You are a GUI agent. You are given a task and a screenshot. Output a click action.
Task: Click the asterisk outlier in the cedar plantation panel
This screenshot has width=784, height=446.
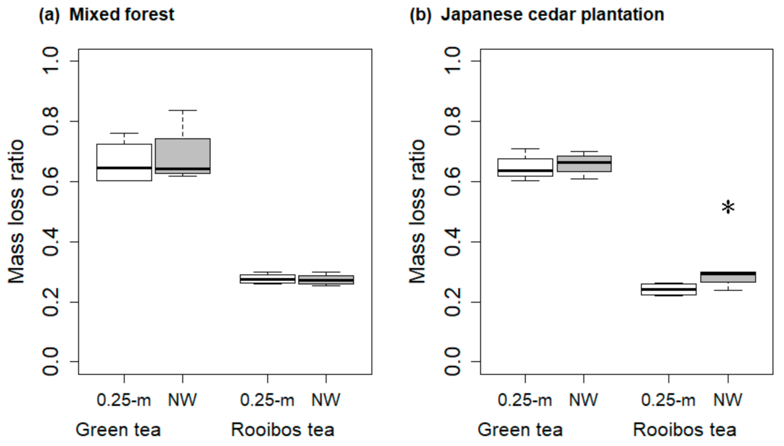pyautogui.click(x=728, y=207)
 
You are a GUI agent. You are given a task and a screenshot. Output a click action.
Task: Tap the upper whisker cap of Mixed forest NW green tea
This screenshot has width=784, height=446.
pyautogui.click(x=183, y=110)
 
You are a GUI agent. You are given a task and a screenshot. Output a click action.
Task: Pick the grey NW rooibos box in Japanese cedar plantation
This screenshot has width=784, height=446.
pyautogui.click(x=728, y=278)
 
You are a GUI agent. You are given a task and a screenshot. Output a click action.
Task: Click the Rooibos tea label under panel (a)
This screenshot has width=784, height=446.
pyautogui.click(x=283, y=430)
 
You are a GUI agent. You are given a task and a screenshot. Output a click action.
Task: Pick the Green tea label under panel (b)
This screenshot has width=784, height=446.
pyautogui.click(x=520, y=430)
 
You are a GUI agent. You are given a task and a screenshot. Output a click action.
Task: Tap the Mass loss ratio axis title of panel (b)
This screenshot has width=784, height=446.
pyautogui.click(x=417, y=212)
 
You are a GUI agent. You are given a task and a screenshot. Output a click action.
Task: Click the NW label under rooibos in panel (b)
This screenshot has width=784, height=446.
pyautogui.click(x=728, y=400)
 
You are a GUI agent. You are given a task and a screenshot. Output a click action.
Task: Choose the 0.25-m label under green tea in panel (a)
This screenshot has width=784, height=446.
pyautogui.click(x=124, y=400)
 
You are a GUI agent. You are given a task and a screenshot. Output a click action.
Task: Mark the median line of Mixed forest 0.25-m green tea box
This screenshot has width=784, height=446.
pyautogui.click(x=124, y=168)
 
